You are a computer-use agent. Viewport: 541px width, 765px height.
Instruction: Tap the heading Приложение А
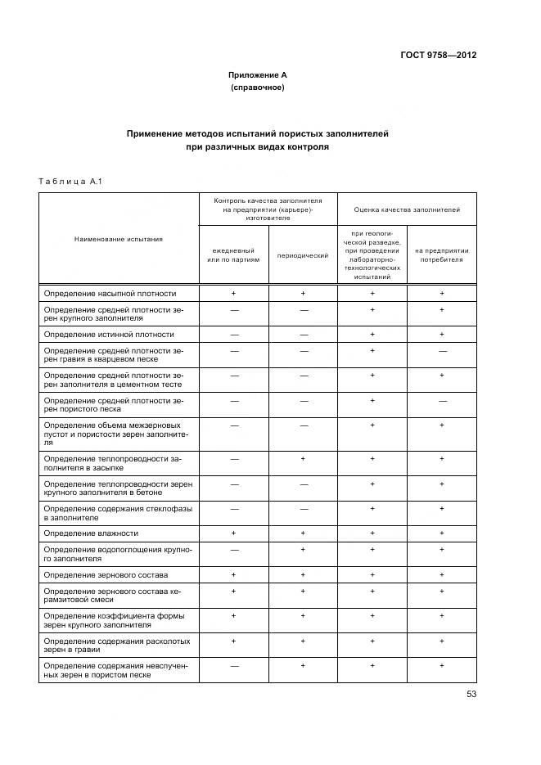click(x=257, y=75)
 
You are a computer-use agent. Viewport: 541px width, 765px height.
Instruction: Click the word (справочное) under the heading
click(x=257, y=87)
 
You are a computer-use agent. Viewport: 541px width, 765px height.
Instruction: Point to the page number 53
click(x=471, y=694)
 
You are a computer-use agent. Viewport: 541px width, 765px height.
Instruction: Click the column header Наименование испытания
click(x=119, y=239)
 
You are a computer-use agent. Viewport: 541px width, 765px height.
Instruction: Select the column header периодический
click(x=303, y=255)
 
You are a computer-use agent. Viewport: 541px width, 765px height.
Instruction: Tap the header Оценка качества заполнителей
click(x=407, y=209)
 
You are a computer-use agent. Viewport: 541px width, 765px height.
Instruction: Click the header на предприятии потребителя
click(x=442, y=255)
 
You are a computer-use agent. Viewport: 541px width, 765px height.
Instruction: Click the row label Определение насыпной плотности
click(x=110, y=293)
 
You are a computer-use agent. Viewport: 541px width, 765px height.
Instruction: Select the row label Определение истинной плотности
click(x=109, y=335)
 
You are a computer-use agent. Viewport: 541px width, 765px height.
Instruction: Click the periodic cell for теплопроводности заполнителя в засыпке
click(x=303, y=459)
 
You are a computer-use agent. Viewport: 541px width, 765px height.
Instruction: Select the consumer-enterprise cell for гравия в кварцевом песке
click(x=442, y=350)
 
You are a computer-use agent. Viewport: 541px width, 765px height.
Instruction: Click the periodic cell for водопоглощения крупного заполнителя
click(x=303, y=549)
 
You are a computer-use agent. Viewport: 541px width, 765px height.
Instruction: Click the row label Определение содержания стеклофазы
click(x=119, y=513)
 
